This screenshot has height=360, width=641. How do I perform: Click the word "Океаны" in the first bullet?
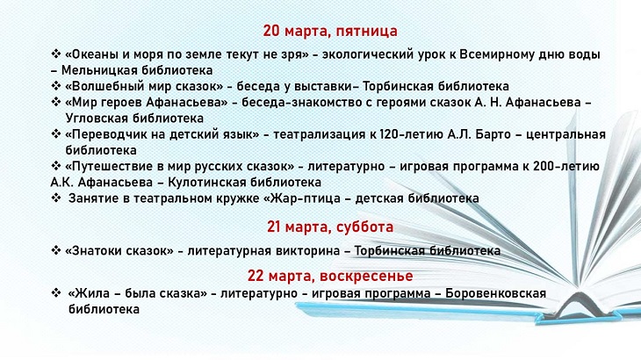[x=93, y=55]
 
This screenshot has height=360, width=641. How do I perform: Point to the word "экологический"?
[x=373, y=55]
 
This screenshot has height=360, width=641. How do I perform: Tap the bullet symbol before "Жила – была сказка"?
[x=56, y=293]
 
